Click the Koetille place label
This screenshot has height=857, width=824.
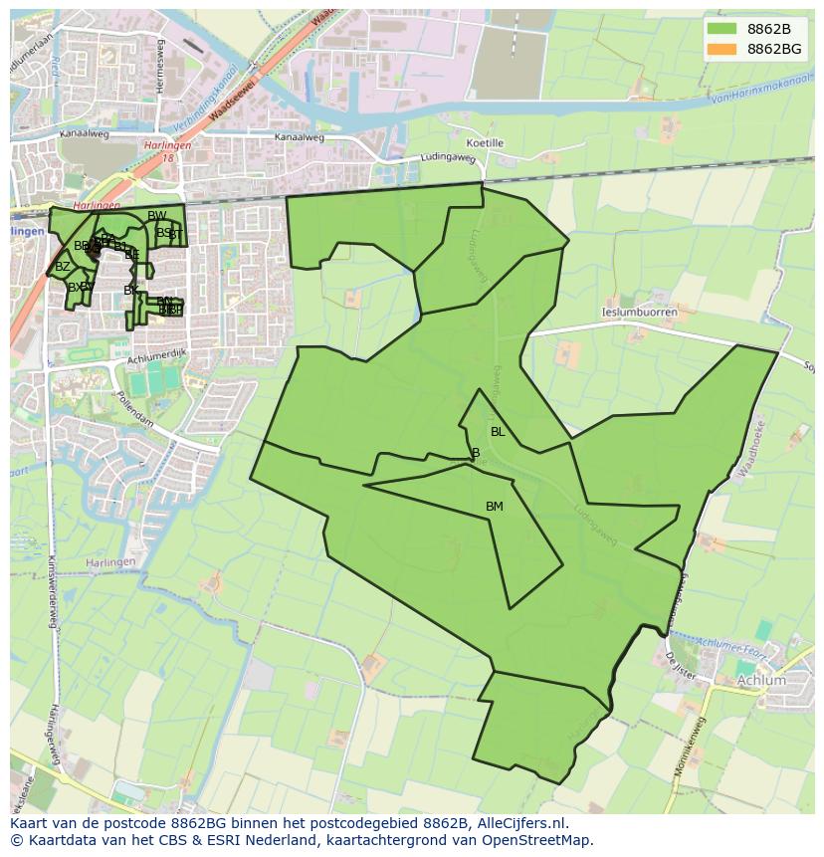tap(485, 143)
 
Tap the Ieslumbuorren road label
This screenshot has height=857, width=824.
tap(639, 313)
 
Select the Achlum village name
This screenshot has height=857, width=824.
tap(761, 681)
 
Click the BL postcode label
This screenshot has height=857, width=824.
tap(498, 432)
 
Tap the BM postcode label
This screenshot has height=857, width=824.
tap(495, 507)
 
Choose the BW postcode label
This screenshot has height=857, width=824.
tap(157, 216)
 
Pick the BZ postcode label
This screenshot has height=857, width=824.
tap(63, 267)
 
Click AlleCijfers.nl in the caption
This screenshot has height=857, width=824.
tap(520, 823)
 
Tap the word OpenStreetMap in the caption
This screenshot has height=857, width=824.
tap(537, 840)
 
